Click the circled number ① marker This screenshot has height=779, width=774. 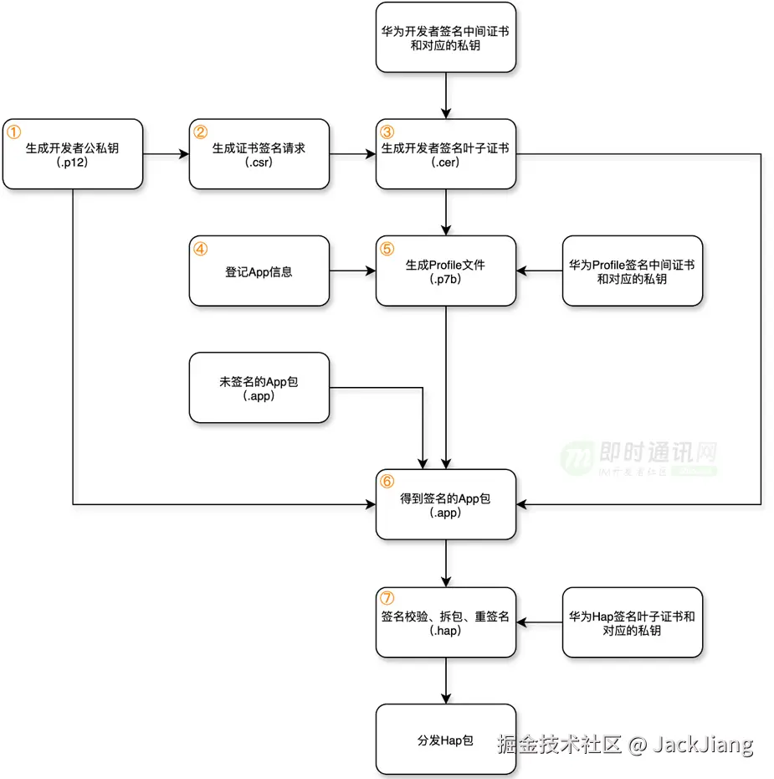(x=14, y=132)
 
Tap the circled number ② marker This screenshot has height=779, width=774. (x=201, y=132)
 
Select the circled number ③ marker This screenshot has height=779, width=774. (x=387, y=132)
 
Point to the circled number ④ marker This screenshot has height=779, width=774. (x=201, y=249)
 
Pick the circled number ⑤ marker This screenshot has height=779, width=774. (x=387, y=249)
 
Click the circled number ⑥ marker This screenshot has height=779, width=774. (x=387, y=482)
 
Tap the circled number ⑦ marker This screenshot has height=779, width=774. (x=387, y=599)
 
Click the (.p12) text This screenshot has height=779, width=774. (x=73, y=162)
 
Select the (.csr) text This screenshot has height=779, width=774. (x=259, y=162)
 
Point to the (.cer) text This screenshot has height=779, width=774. (x=446, y=162)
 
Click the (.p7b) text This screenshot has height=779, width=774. (x=446, y=279)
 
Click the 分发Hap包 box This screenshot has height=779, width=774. (x=446, y=740)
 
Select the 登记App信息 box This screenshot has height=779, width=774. (x=259, y=271)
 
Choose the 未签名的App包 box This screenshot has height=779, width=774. (x=259, y=388)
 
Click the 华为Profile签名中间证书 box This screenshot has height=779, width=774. (x=633, y=271)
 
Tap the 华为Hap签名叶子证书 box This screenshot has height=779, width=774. (x=633, y=622)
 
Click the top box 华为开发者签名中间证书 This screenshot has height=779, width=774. (x=446, y=38)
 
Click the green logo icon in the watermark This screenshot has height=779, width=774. (x=576, y=457)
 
